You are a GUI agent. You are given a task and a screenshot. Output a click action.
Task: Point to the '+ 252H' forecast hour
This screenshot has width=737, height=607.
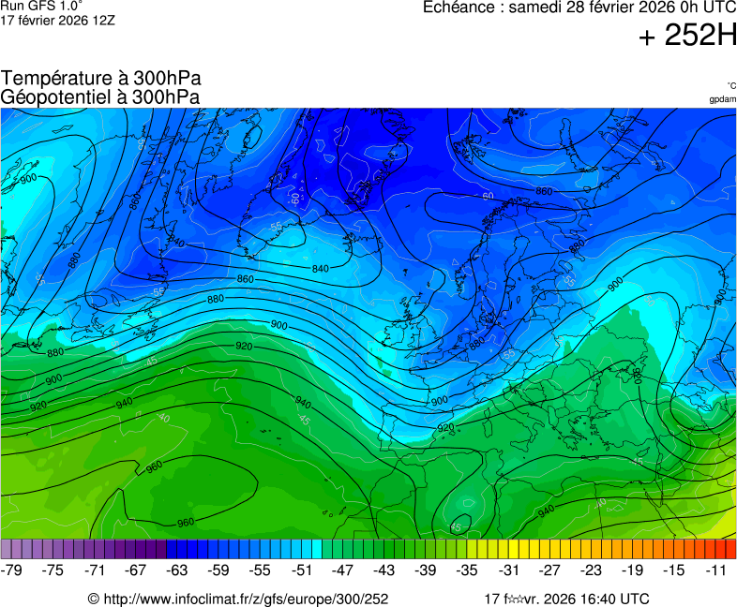tap(687, 36)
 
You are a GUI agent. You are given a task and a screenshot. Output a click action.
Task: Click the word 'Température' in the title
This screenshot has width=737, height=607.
tap(54, 79)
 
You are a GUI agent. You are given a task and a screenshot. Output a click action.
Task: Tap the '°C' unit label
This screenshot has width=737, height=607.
tap(730, 85)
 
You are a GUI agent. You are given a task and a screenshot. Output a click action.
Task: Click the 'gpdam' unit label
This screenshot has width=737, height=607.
tap(722, 98)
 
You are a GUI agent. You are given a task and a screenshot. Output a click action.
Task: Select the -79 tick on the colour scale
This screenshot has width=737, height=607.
tap(12, 570)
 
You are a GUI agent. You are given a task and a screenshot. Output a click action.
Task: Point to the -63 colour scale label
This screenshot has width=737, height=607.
tap(177, 570)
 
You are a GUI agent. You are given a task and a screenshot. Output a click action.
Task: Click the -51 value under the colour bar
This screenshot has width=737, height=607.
tap(302, 570)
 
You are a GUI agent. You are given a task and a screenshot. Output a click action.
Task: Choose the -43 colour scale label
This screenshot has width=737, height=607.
tap(384, 570)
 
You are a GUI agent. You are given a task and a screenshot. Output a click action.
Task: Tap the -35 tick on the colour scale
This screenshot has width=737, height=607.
tap(467, 570)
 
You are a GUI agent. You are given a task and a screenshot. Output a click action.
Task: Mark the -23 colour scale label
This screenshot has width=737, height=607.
tap(591, 570)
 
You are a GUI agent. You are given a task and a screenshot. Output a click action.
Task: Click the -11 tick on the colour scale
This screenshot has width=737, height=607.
tap(715, 570)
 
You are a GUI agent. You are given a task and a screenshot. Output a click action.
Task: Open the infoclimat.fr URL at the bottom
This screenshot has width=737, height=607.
tap(245, 599)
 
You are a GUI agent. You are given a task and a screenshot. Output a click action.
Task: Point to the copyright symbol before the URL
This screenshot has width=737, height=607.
tap(94, 599)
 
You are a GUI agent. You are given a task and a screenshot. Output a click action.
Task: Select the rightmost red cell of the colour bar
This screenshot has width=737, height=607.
tap(730, 549)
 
